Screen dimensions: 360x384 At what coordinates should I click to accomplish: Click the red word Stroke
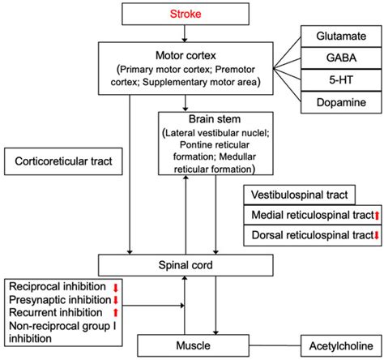point(186,13)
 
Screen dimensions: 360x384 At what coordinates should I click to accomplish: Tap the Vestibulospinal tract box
point(300,195)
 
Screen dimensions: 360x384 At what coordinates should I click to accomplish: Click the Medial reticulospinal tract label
point(301,214)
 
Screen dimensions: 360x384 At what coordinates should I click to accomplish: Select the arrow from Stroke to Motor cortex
point(186,32)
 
